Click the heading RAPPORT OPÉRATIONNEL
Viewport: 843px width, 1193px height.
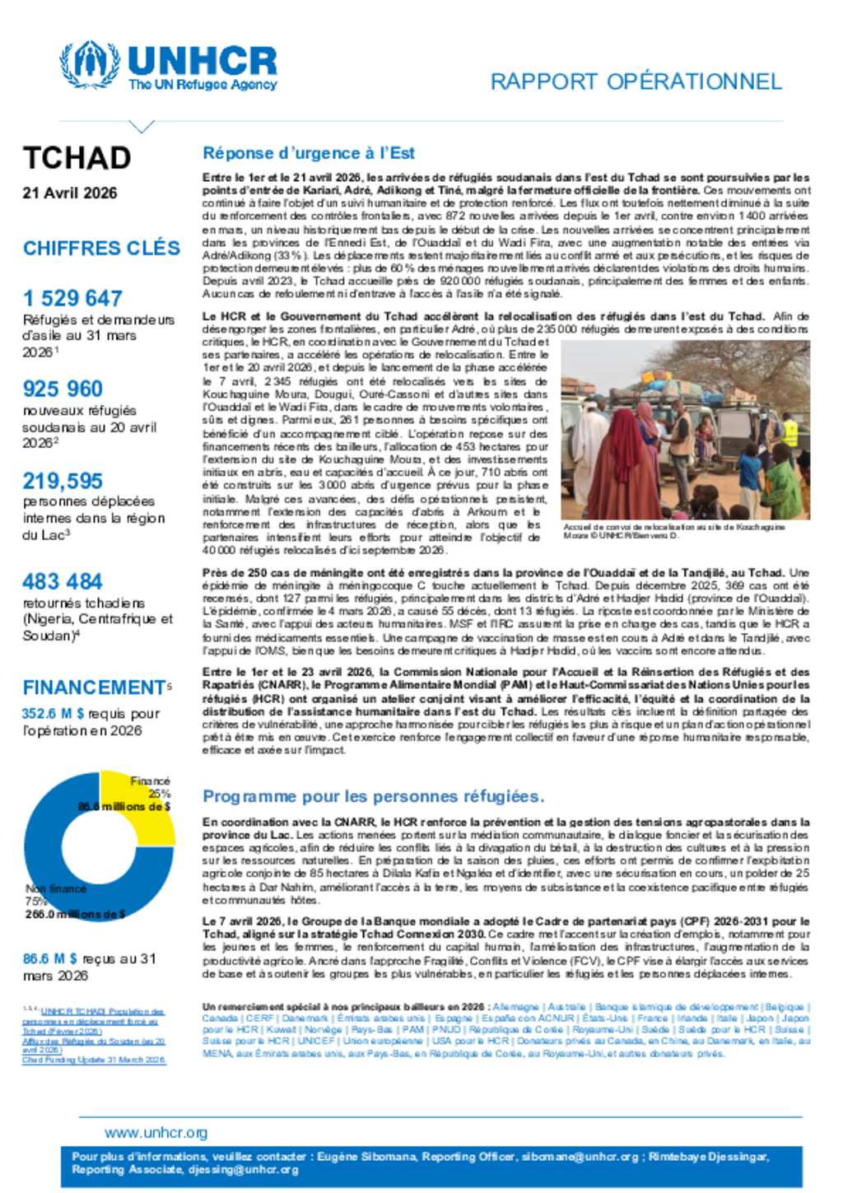(x=636, y=82)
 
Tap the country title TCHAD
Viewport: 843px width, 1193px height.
(x=77, y=157)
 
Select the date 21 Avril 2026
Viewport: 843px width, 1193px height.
(x=70, y=193)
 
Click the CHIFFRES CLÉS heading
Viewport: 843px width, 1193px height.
(x=101, y=248)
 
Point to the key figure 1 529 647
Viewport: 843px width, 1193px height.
(x=72, y=298)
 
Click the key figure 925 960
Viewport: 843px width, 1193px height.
(x=63, y=389)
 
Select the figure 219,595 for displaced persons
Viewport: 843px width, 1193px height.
(x=63, y=481)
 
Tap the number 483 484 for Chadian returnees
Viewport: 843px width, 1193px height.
(x=63, y=581)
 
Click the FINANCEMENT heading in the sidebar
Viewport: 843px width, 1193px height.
(x=95, y=687)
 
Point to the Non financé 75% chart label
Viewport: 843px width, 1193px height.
(x=56, y=895)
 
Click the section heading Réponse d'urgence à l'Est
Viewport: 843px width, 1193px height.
(x=309, y=153)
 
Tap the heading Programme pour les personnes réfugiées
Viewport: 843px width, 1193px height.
(x=373, y=796)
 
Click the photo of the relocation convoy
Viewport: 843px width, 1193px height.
(x=685, y=430)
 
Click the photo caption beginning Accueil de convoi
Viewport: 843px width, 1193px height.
(x=673, y=531)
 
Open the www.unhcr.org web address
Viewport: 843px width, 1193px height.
(x=156, y=1133)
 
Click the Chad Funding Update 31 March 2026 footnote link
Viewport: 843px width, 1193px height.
(x=94, y=1060)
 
